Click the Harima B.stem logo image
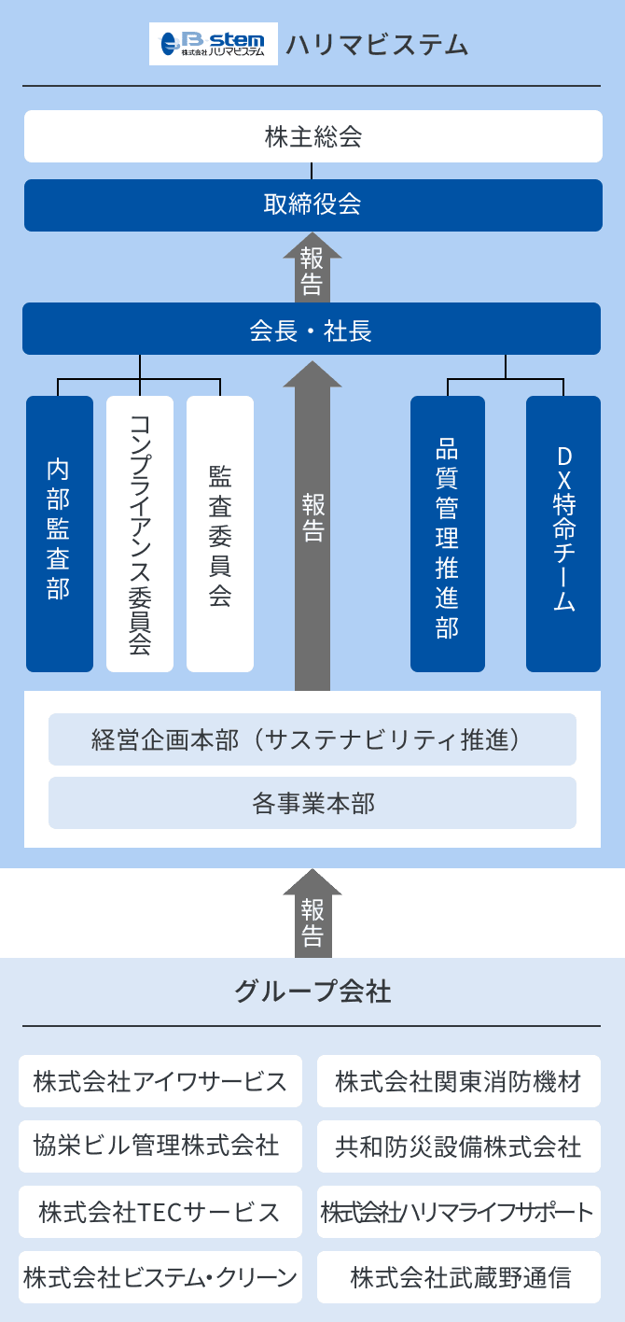tap(213, 44)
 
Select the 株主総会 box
tap(312, 137)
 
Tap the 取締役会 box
tap(312, 204)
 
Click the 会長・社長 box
tap(312, 329)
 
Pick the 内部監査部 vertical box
tap(60, 533)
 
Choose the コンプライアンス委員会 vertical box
tap(140, 533)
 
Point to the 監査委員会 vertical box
tap(220, 533)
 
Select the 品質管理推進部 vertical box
tap(448, 533)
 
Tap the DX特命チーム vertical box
tap(563, 533)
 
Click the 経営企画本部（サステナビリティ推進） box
tap(312, 739)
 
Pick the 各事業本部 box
tap(312, 803)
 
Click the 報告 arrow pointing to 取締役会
tap(312, 269)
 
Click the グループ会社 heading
tap(312, 991)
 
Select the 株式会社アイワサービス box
tap(160, 1081)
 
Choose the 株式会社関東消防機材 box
tap(459, 1081)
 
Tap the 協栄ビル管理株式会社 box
tap(160, 1146)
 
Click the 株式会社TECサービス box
tap(160, 1212)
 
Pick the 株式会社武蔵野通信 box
tap(459, 1277)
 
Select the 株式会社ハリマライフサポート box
tap(459, 1212)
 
